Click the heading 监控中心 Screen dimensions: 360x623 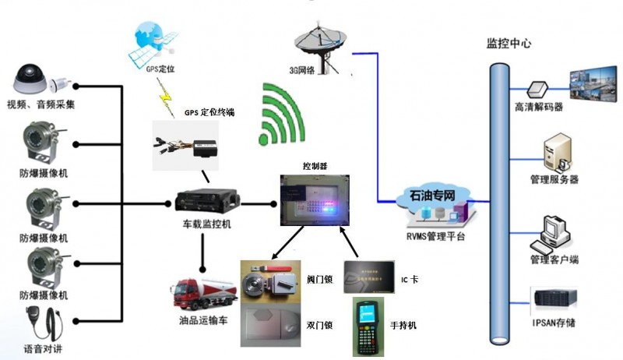coord(509,44)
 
